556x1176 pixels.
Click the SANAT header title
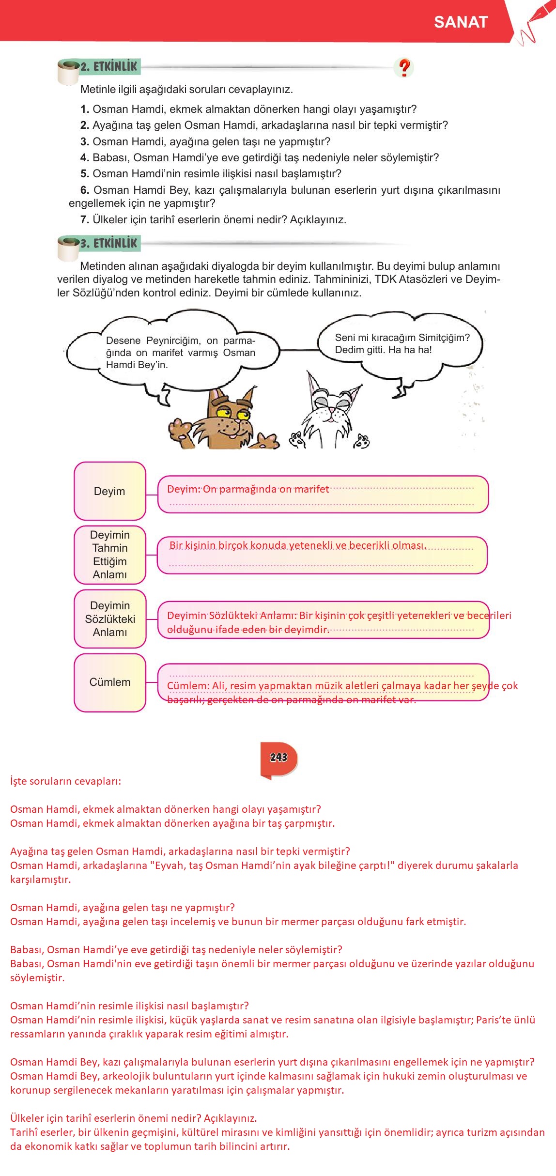(460, 22)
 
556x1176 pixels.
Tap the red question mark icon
(404, 68)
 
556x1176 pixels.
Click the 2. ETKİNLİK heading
(108, 67)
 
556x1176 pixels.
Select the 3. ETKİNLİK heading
(108, 243)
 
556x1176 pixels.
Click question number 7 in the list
(85, 220)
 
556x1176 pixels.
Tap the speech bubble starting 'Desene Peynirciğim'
(180, 353)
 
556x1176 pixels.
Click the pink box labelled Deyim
(109, 491)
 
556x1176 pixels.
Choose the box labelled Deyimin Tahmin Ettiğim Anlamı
(109, 555)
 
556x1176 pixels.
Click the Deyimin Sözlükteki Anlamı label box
(109, 619)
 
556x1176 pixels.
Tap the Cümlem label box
(109, 682)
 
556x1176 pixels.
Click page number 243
(278, 758)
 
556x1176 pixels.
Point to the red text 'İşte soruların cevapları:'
(65, 781)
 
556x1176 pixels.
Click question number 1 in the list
(85, 109)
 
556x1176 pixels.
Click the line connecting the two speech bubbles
(299, 350)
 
